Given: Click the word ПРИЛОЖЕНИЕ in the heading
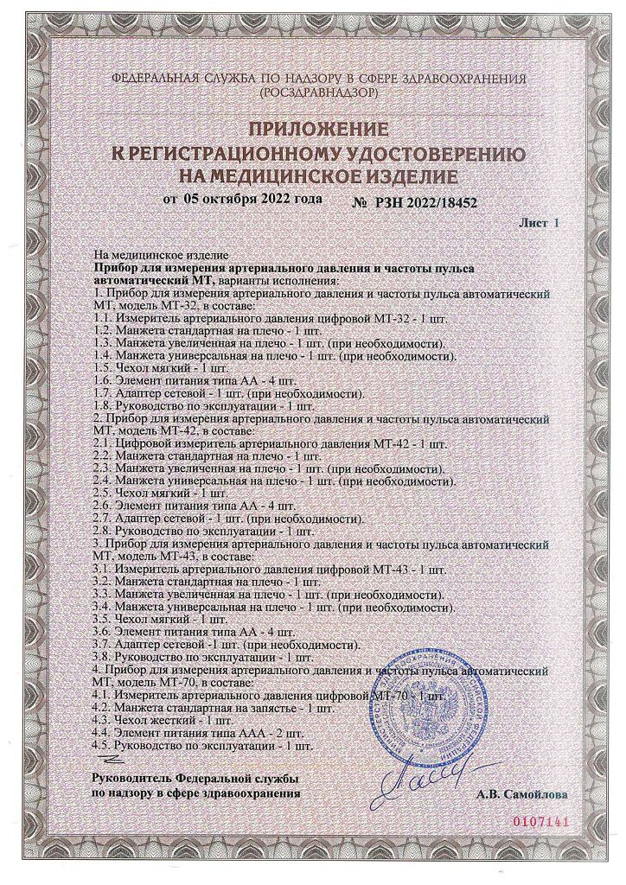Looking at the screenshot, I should click(x=315, y=131).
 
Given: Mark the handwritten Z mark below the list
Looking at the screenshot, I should click(x=109, y=758).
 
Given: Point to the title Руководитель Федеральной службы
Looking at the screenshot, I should click(x=195, y=779).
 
